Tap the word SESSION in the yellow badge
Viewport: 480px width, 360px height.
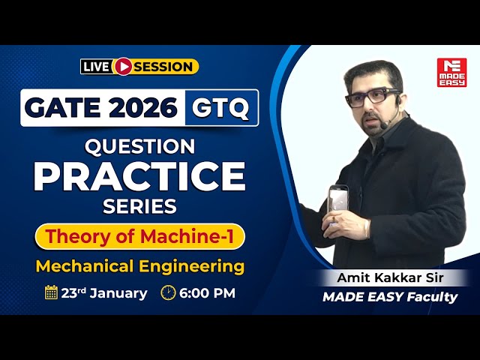(163, 67)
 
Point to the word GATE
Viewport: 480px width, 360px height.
(63, 108)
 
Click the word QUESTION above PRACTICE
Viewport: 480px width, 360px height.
(139, 145)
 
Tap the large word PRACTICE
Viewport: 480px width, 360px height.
(139, 176)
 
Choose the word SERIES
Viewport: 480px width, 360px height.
(139, 206)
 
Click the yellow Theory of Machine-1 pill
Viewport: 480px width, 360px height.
(139, 236)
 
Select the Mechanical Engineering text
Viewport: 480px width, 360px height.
(140, 266)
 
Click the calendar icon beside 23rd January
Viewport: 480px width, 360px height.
(51, 292)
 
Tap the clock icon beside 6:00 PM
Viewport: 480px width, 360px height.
(168, 292)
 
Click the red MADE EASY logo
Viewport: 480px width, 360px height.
(451, 72)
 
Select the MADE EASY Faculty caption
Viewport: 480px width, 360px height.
(389, 297)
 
